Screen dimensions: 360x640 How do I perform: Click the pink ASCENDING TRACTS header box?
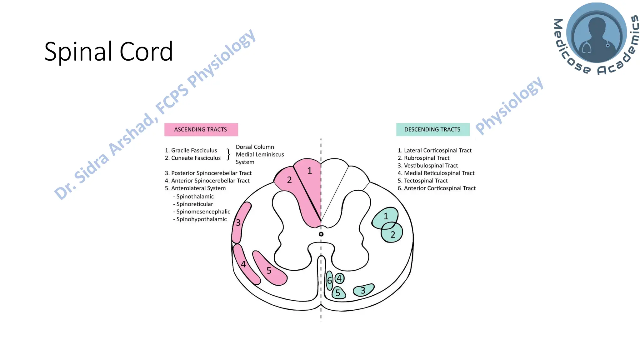201,129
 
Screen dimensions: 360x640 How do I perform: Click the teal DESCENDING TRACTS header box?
432,129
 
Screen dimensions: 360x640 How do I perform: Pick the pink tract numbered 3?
239,222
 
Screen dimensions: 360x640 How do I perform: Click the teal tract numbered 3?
363,290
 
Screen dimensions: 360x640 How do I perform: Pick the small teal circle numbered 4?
339,278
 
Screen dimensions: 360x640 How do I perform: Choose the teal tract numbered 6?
329,280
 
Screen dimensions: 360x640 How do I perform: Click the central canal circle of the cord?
321,234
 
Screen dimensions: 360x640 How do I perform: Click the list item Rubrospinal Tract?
427,158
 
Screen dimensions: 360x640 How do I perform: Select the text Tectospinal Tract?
426,181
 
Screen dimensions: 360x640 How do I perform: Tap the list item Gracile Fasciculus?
194,150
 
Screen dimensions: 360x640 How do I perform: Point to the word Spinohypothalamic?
201,219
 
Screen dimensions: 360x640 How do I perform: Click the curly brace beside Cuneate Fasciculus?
228,154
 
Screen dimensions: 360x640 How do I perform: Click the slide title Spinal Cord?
108,52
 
